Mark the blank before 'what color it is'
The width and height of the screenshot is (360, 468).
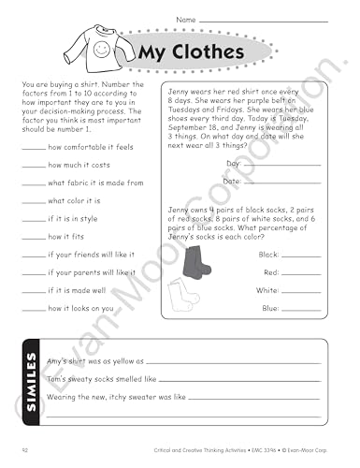coord(33,201)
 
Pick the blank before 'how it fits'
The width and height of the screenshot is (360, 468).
coord(33,237)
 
